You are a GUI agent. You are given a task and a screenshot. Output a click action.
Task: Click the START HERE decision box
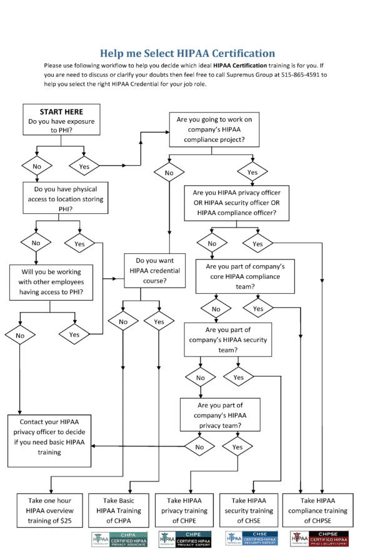[61, 119]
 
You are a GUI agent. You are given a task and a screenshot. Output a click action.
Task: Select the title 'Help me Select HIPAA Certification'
[187, 53]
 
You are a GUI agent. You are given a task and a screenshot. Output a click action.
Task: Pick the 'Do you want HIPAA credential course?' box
[155, 270]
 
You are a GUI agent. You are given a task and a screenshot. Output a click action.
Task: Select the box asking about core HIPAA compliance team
[245, 276]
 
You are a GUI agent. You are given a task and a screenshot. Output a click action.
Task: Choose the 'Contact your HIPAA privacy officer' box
[49, 441]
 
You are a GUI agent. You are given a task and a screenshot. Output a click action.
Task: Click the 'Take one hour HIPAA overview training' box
[49, 510]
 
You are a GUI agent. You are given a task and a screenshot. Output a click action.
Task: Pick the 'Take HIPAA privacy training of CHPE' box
[188, 510]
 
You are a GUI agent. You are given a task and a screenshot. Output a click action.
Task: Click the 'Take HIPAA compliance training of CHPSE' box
[324, 510]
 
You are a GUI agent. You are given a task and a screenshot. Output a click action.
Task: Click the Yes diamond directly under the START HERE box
[84, 166]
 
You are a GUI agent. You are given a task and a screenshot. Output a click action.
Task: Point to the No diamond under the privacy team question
[199, 447]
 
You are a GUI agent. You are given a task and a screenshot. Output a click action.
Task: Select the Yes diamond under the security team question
[238, 378]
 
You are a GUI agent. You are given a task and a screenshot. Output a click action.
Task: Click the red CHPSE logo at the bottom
[321, 538]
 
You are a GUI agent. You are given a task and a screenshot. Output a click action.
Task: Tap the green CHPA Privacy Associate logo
[120, 538]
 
